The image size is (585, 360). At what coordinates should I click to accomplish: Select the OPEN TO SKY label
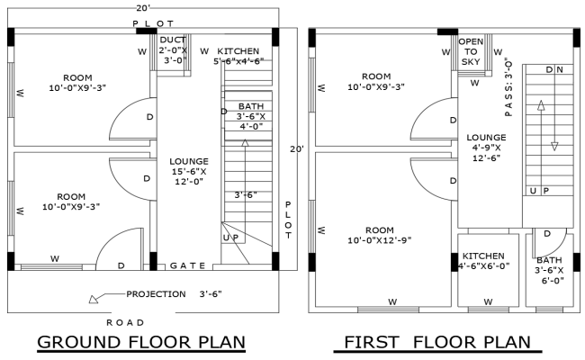tap(471, 52)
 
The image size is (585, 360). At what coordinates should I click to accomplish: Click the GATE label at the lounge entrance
tap(188, 265)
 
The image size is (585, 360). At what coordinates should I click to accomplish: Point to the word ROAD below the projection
tap(126, 321)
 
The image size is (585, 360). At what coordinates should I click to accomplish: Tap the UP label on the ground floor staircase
tap(230, 237)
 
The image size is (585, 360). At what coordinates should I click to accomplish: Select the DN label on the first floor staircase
tap(554, 70)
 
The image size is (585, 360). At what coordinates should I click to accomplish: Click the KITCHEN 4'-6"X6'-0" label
tap(486, 261)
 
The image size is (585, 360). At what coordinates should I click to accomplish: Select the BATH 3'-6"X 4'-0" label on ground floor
tap(251, 116)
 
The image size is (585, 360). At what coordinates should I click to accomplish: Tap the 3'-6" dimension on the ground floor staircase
tap(247, 194)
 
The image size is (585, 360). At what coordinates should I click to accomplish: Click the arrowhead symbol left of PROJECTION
tap(94, 299)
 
